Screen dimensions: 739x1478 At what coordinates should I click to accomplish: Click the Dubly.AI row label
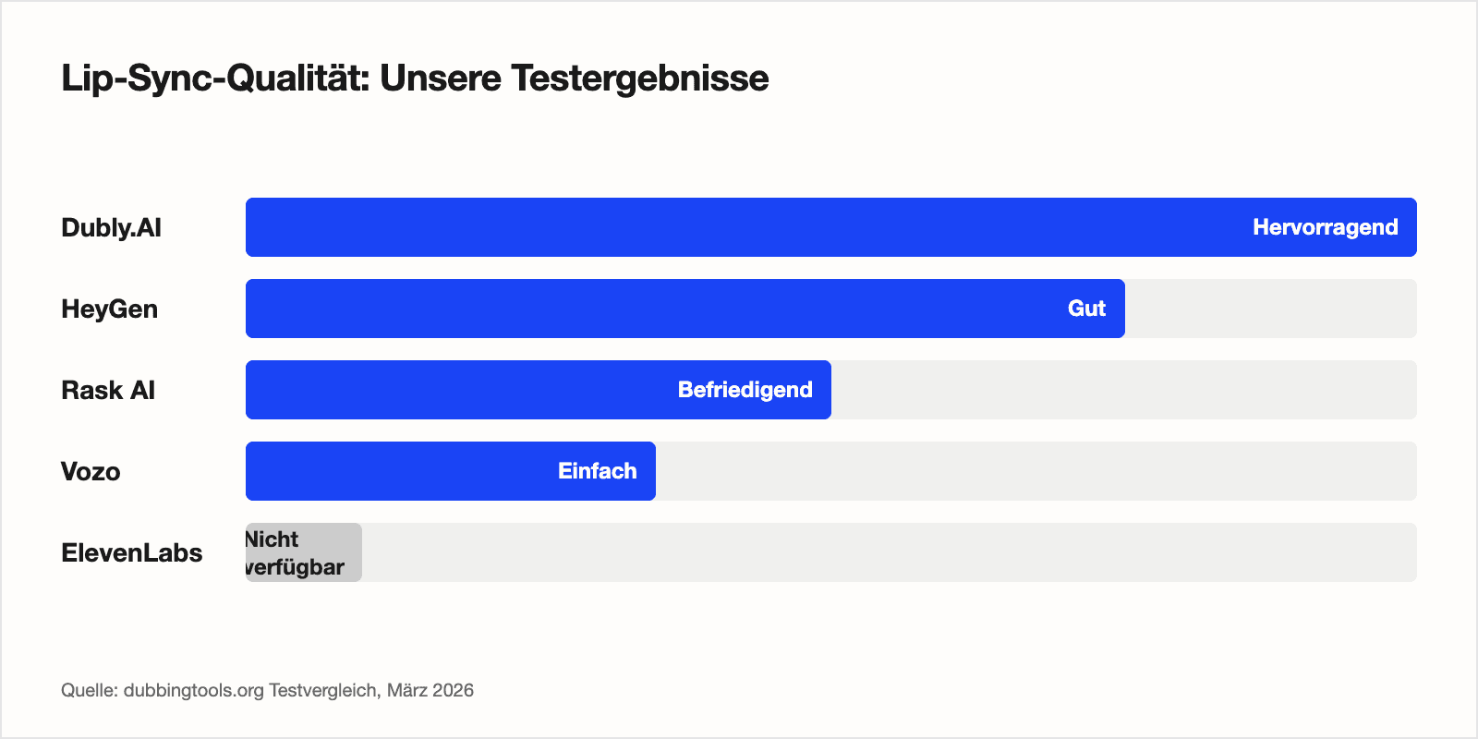tap(111, 228)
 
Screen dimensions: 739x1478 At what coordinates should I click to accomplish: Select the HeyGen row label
tap(109, 309)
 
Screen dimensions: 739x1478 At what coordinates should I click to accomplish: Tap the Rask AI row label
tap(107, 391)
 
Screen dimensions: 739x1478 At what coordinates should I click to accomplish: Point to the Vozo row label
tap(91, 472)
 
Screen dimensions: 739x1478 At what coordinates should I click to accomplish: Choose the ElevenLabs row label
tap(131, 553)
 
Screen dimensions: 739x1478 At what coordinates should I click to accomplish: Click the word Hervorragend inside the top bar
tap(1325, 227)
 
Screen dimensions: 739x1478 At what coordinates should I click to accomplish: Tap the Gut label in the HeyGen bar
tap(1086, 309)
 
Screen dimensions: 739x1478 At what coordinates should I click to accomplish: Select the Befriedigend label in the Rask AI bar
tap(745, 390)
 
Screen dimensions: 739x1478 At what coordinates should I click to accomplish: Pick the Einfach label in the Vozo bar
tap(597, 471)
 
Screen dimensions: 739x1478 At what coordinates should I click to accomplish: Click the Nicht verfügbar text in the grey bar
tap(295, 553)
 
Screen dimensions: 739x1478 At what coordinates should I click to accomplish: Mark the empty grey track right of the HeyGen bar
tap(1270, 309)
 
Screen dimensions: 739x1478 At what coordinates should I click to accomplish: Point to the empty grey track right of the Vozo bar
tap(1035, 471)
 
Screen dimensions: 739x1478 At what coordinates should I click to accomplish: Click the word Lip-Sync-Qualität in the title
tap(215, 79)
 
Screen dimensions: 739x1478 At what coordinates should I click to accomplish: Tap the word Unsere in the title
tap(440, 79)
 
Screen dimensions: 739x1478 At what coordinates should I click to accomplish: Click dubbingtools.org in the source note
tap(194, 691)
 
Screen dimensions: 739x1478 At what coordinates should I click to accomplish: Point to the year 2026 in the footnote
tap(453, 691)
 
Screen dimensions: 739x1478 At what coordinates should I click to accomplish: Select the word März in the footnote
tap(406, 691)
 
